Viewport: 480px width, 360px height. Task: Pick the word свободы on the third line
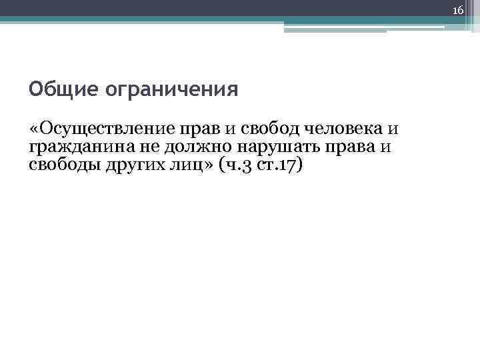(x=65, y=164)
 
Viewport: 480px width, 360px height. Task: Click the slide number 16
(x=457, y=9)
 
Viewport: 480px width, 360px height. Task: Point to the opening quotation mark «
(x=35, y=127)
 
